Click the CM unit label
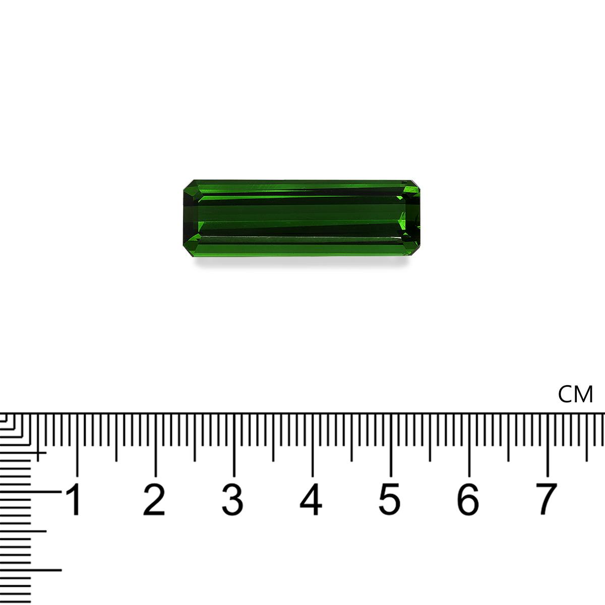[x=576, y=394]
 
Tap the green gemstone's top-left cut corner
[x=187, y=184]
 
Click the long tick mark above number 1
[x=77, y=444]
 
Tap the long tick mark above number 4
[x=313, y=444]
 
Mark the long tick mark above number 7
[x=548, y=444]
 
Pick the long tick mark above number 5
[x=391, y=444]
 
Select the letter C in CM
[x=567, y=394]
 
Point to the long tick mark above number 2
[x=155, y=444]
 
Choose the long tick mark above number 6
[x=469, y=444]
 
